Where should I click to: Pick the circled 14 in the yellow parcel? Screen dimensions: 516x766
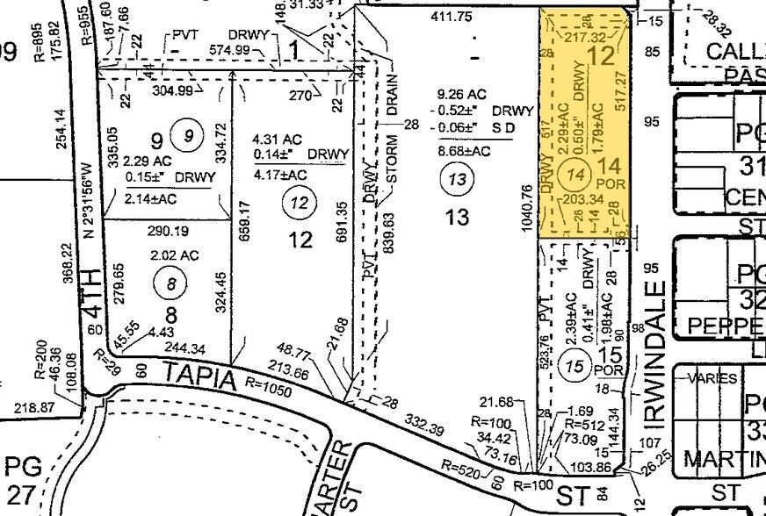click(576, 173)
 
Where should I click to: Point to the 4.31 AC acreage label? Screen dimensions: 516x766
click(275, 139)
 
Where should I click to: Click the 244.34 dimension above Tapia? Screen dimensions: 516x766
click(180, 345)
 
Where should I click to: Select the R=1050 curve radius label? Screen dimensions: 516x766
click(270, 383)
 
